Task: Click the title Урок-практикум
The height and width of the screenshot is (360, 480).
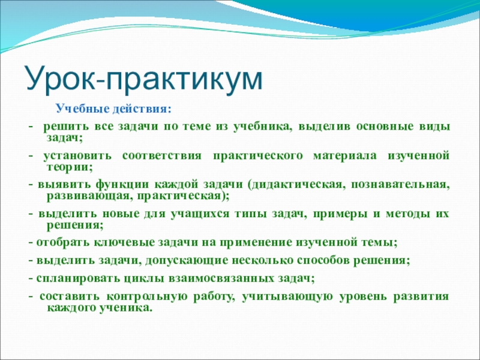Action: point(144,80)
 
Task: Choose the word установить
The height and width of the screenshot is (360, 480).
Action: point(77,156)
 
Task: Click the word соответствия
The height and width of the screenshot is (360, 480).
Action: point(162,156)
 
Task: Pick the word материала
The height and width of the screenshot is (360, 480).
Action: point(344,156)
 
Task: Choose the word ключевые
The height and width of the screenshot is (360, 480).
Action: point(124,243)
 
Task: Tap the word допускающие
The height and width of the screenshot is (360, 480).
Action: point(187,261)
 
